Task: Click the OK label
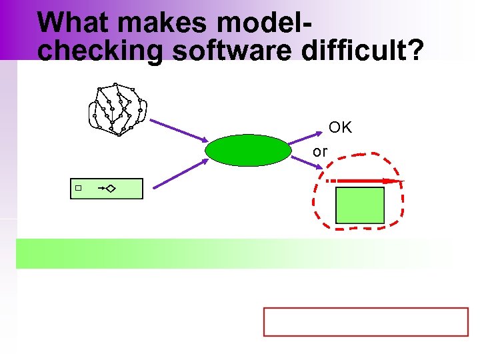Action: [x=340, y=127]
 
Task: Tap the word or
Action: [x=320, y=152]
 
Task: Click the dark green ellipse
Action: [x=248, y=150]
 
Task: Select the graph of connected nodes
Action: [x=117, y=109]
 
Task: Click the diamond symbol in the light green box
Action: [x=110, y=189]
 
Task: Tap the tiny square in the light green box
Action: [x=78, y=189]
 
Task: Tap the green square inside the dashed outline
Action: [x=360, y=205]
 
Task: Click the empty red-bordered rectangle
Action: [x=366, y=322]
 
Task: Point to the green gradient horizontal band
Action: [x=233, y=253]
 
